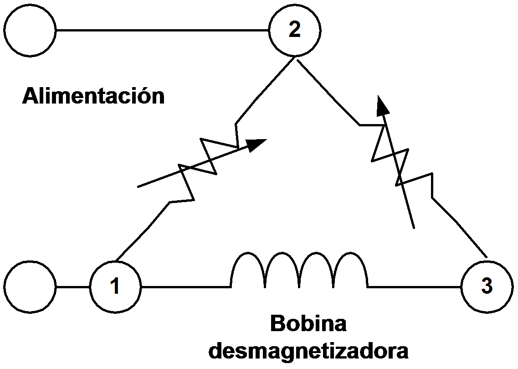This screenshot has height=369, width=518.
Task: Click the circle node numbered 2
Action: (x=295, y=31)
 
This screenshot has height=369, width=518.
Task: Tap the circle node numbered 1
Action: (x=115, y=286)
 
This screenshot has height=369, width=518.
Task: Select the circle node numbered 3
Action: (x=487, y=287)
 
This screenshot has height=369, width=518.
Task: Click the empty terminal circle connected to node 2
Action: (x=31, y=31)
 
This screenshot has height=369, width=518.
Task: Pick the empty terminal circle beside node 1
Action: (x=31, y=287)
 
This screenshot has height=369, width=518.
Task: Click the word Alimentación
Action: (x=93, y=96)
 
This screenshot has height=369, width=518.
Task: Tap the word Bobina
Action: (x=308, y=324)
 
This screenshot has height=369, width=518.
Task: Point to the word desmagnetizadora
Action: (x=308, y=351)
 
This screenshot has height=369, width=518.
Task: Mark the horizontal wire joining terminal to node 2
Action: (x=162, y=31)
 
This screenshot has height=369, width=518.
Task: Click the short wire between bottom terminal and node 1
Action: (x=73, y=287)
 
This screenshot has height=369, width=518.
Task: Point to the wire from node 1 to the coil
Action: (x=185, y=287)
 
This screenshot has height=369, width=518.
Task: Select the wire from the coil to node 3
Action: (x=415, y=287)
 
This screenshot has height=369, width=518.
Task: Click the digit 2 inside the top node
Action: (x=295, y=30)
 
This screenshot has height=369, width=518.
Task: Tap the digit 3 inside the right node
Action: (x=487, y=287)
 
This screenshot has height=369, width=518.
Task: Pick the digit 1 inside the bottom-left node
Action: (x=115, y=286)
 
